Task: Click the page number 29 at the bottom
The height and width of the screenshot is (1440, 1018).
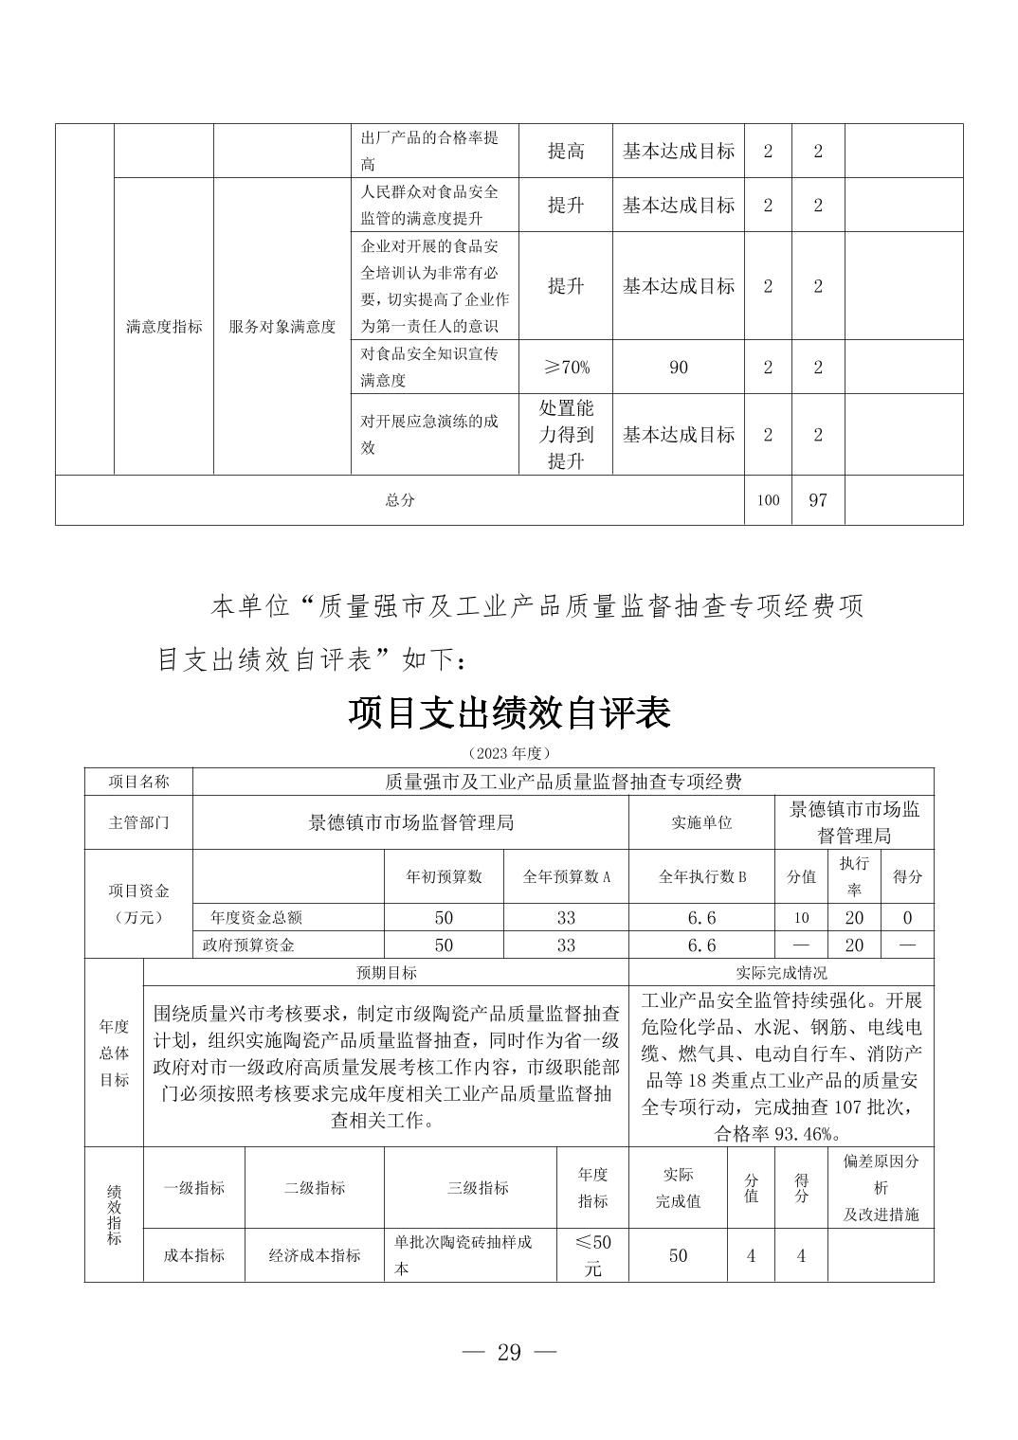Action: pos(509,1352)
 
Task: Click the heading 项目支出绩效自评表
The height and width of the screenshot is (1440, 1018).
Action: pos(509,712)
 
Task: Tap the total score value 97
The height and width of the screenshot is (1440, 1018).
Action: pos(817,499)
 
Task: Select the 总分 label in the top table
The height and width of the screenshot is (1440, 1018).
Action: pos(399,500)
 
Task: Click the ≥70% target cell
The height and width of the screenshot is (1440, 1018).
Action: pos(566,367)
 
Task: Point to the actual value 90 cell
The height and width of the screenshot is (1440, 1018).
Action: pos(678,367)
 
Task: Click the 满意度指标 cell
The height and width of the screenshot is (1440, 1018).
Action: pos(164,327)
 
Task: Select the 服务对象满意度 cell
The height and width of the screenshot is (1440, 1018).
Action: pos(282,327)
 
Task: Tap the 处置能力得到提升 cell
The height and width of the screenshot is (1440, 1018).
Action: pos(566,434)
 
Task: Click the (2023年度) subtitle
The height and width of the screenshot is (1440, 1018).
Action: pos(509,752)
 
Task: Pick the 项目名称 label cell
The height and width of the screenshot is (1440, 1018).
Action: pos(138,782)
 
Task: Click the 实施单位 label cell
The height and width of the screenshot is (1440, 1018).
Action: pos(701,822)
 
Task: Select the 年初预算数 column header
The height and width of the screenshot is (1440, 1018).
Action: pos(444,876)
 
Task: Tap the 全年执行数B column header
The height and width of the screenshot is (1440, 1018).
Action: pos(701,876)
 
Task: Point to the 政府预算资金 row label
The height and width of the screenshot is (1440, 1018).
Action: pos(248,945)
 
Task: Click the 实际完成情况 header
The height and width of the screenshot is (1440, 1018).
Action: pos(781,972)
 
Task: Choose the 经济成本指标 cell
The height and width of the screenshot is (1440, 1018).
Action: pos(315,1255)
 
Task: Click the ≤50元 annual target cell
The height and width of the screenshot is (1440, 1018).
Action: pos(592,1255)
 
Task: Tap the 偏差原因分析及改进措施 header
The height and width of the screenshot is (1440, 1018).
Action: pos(881,1188)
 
